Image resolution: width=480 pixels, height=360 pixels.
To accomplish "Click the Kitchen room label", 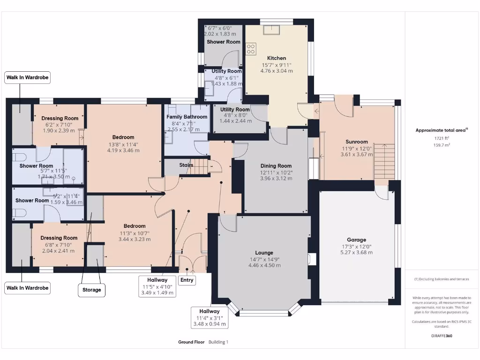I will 277,58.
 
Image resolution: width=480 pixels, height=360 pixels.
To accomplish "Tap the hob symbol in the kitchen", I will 251,48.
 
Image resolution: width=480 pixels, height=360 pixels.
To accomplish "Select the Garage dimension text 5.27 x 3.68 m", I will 356,252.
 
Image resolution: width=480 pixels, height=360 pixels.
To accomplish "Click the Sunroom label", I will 357,142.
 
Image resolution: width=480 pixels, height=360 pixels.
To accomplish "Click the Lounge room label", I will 264,253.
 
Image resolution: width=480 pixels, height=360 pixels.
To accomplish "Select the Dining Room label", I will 276,165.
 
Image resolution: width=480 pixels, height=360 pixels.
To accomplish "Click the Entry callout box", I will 187,280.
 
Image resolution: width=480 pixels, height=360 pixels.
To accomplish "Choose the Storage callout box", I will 91,290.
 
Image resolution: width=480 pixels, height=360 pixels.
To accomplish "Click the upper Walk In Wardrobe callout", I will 27,77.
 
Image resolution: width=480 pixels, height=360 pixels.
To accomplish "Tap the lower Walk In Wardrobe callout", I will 27,288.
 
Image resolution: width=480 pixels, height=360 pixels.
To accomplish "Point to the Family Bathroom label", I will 187,117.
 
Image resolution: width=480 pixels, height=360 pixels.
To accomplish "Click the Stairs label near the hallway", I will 186,165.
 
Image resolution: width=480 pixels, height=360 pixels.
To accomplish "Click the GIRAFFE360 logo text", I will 442,336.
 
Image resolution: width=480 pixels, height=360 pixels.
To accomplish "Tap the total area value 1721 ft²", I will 441,138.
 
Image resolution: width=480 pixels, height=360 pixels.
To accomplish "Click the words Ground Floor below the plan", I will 191,342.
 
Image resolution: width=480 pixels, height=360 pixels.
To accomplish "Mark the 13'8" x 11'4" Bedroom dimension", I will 123,144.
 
